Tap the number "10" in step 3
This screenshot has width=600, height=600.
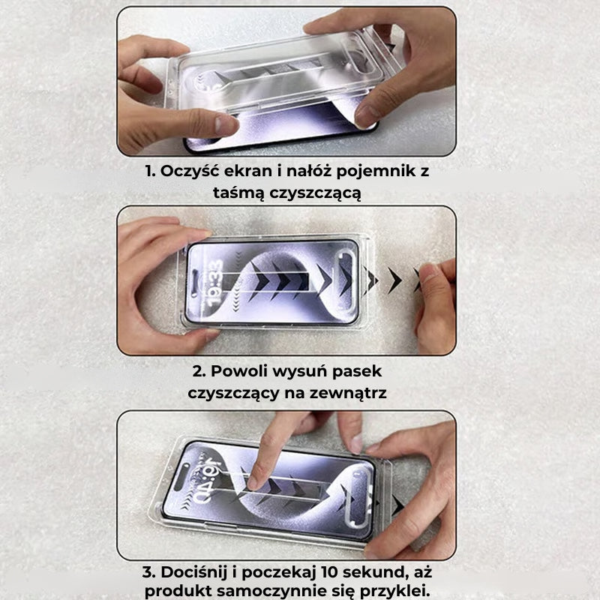tap(335, 571)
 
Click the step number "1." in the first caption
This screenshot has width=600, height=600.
tap(151, 172)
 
